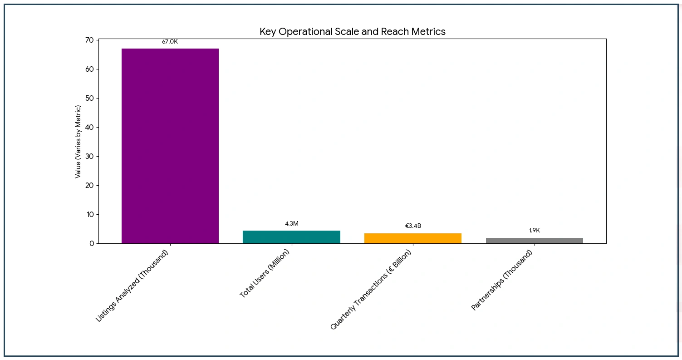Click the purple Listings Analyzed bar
pyautogui.click(x=170, y=146)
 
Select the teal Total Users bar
pyautogui.click(x=291, y=237)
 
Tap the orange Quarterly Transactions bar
pyautogui.click(x=413, y=238)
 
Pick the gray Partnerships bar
pyautogui.click(x=534, y=241)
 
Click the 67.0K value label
pyautogui.click(x=170, y=42)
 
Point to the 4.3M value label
pyautogui.click(x=291, y=224)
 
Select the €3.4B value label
pyautogui.click(x=413, y=226)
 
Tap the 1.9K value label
pyautogui.click(x=534, y=231)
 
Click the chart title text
pyautogui.click(x=352, y=32)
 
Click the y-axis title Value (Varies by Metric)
pyautogui.click(x=79, y=142)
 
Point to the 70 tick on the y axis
pyautogui.click(x=89, y=40)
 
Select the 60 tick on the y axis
pyautogui.click(x=89, y=69)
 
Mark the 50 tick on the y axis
pyautogui.click(x=89, y=99)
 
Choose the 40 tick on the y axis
pyautogui.click(x=89, y=128)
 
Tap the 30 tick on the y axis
pyautogui.click(x=89, y=157)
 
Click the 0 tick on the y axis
pyautogui.click(x=92, y=244)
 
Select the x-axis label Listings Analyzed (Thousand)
pyautogui.click(x=132, y=286)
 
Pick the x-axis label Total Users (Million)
pyautogui.click(x=265, y=274)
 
